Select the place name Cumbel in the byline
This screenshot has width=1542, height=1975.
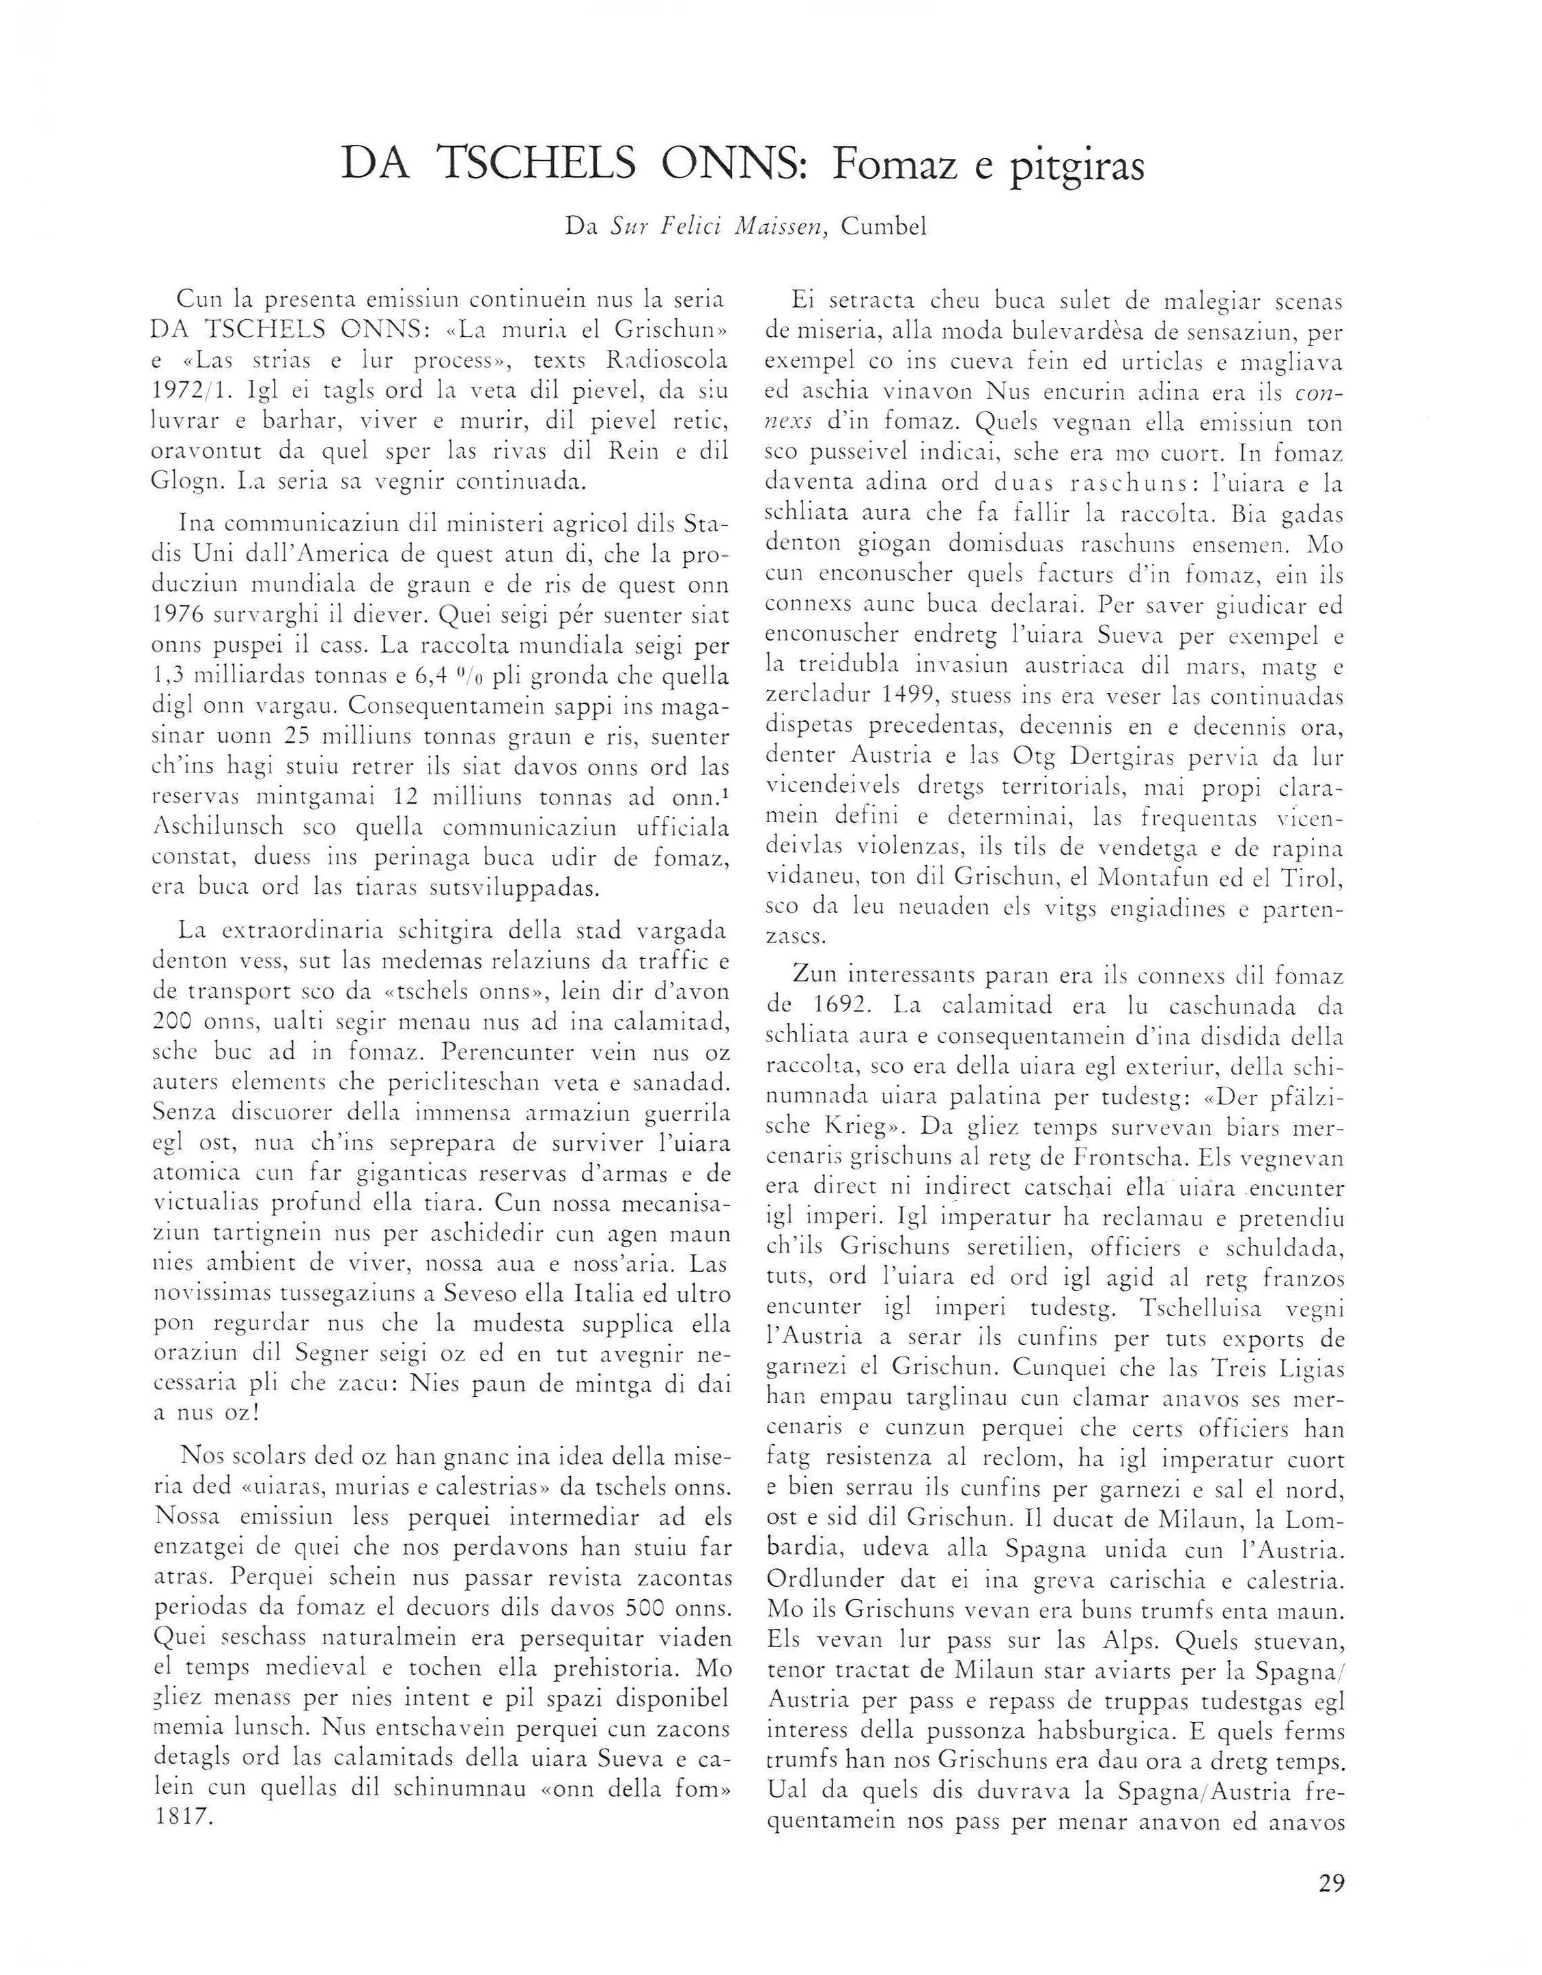[883, 227]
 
